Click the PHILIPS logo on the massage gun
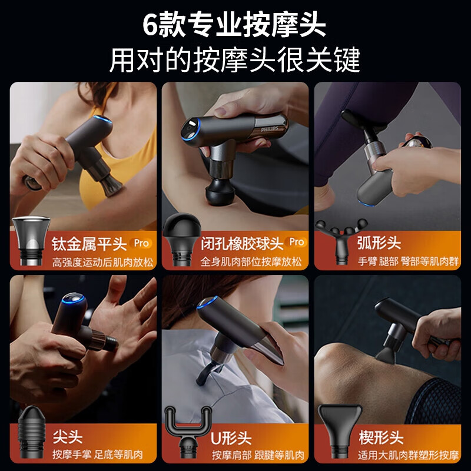pos(270,129)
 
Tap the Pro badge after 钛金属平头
pos(141,243)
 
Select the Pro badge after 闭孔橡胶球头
pos(297,242)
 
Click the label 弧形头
pos(379,243)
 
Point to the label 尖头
pos(68,436)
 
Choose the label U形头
pos(231,438)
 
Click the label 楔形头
pos(381,437)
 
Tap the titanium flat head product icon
pos(31,241)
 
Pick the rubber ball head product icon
pos(182,240)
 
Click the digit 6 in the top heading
pos(150,25)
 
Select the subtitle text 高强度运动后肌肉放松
pos(102,262)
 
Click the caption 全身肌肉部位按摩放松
pos(251,261)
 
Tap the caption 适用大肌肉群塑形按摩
pos(408,455)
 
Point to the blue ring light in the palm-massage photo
pos(73,298)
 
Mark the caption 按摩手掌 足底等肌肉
pos(98,455)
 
